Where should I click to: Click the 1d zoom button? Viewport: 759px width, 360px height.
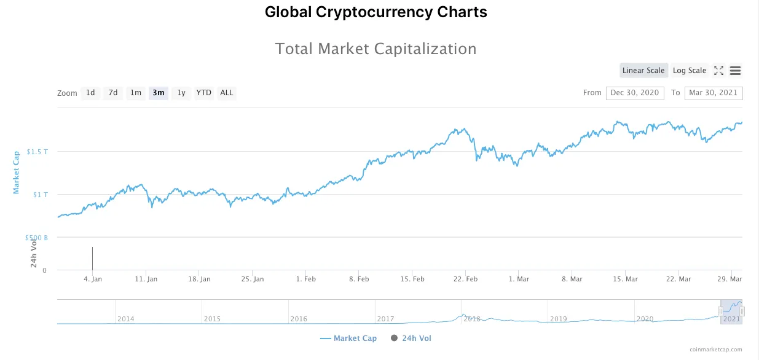pos(90,93)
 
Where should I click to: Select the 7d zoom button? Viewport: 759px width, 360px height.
pos(113,93)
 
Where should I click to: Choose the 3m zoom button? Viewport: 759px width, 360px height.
pos(159,93)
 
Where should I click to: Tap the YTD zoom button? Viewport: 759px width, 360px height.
pos(203,93)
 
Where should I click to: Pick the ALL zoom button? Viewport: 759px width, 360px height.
pos(227,93)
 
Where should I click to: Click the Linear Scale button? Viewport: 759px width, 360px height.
pos(643,71)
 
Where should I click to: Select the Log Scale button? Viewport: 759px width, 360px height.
pos(690,71)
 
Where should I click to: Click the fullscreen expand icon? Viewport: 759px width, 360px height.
pos(718,71)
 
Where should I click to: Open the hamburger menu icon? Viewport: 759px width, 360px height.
pos(735,71)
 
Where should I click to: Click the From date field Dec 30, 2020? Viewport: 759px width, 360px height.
pos(635,93)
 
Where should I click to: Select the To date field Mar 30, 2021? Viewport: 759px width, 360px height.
pos(713,93)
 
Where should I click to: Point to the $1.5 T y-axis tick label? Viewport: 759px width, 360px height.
pos(37,152)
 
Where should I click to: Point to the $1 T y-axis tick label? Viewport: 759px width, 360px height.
pos(41,195)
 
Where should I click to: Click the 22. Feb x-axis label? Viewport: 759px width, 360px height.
pos(465,279)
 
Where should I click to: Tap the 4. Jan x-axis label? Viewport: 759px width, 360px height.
pos(92,279)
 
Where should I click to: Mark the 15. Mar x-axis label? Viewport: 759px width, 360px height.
pos(625,279)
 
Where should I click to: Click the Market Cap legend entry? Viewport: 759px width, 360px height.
pos(348,338)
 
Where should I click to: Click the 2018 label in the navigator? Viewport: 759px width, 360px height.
pos(472,319)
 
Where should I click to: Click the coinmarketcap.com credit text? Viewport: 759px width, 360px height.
pos(715,350)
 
